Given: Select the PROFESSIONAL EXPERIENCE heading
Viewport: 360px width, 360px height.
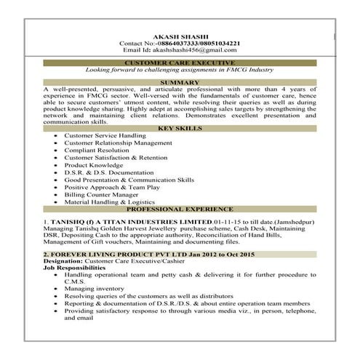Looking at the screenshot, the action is [x=180, y=208].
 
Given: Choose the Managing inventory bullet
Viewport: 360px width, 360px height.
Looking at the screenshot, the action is [x=95, y=289].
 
